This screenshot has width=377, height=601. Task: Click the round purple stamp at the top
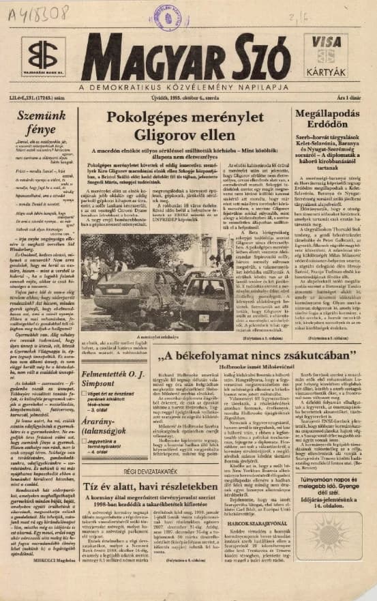click(168, 15)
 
